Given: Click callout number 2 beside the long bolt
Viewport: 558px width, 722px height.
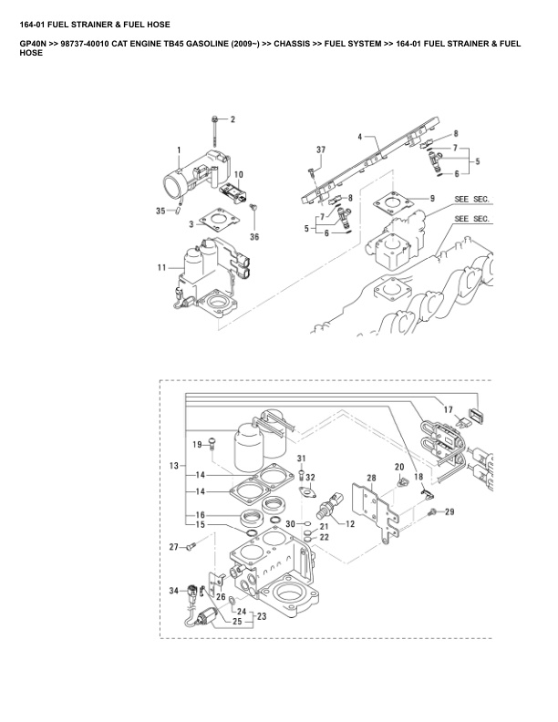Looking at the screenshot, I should (232, 119).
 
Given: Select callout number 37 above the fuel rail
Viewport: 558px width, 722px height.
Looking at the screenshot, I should (321, 150).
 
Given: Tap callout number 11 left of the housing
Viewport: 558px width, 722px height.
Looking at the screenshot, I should (161, 267).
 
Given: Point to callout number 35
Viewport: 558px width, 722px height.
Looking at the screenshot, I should (160, 211).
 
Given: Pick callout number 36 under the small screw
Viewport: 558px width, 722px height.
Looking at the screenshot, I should (254, 237).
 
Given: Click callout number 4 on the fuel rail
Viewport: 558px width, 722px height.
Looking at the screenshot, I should (360, 138).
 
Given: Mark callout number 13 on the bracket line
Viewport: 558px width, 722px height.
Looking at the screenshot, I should (173, 465).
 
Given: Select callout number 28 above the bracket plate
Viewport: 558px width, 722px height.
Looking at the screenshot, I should (371, 477).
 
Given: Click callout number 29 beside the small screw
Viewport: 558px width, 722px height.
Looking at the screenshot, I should (449, 512).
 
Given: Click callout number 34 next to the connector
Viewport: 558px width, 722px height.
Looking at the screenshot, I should (174, 591).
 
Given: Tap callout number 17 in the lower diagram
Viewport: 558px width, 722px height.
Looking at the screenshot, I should (447, 411).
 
